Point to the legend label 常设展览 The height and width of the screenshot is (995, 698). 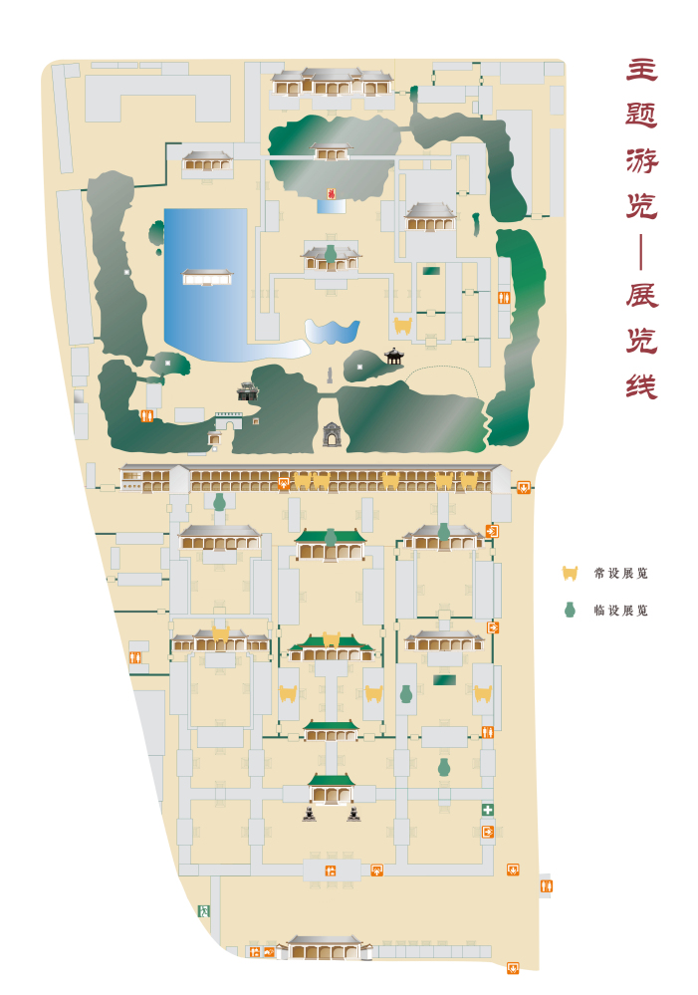click(x=620, y=574)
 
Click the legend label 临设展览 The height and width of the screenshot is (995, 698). click(x=620, y=611)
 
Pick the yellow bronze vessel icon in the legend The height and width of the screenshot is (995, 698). click(x=571, y=574)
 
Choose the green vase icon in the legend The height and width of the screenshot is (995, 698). click(x=570, y=610)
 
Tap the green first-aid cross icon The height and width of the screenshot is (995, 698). click(x=488, y=811)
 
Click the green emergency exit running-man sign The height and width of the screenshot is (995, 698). click(x=203, y=910)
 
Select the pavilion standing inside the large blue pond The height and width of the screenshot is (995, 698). click(x=207, y=276)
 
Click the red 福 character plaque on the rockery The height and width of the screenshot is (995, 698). click(x=332, y=193)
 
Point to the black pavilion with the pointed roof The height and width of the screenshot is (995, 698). click(x=394, y=355)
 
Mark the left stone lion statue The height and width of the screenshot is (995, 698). click(x=312, y=814)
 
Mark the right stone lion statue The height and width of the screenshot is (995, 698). click(x=352, y=814)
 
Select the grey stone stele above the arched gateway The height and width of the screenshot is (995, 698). click(x=331, y=375)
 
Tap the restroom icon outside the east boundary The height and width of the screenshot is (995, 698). click(x=546, y=885)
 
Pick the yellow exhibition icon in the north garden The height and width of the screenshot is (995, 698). click(x=402, y=326)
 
